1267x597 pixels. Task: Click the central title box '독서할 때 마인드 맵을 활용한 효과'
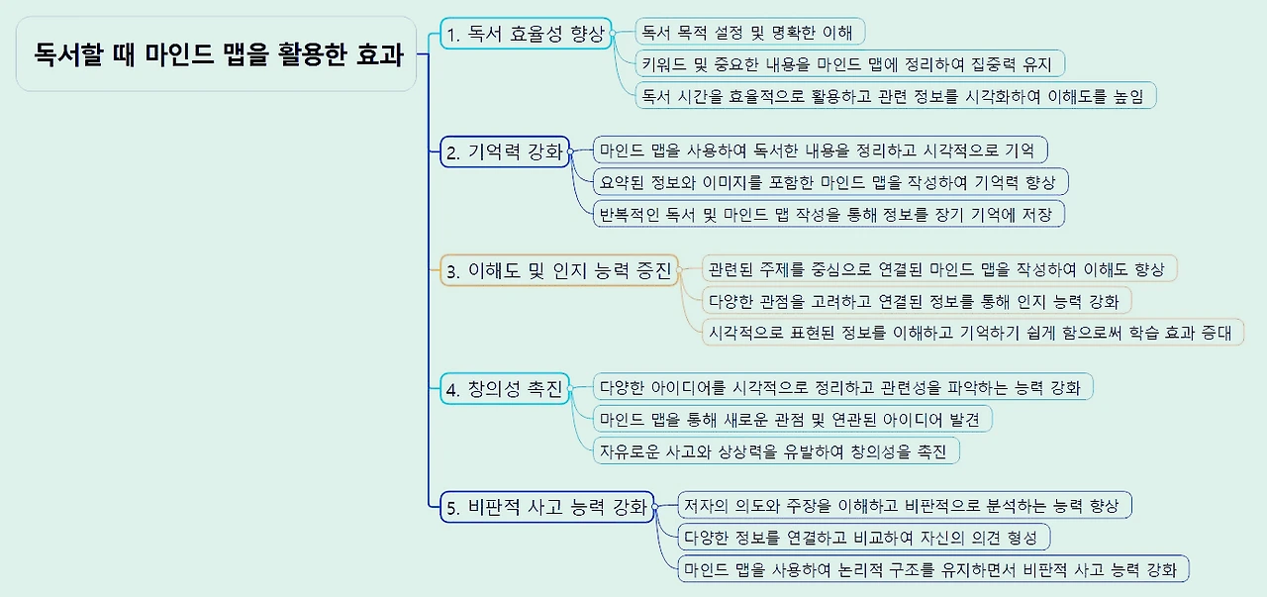pyautogui.click(x=217, y=54)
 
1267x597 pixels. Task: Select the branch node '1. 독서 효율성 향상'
pyautogui.click(x=526, y=34)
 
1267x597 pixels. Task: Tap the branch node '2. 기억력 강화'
pyautogui.click(x=505, y=151)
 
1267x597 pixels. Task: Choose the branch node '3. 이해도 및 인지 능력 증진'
pyautogui.click(x=559, y=270)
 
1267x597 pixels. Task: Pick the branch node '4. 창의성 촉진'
pyautogui.click(x=505, y=389)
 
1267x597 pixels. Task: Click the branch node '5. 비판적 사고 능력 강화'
pyautogui.click(x=546, y=508)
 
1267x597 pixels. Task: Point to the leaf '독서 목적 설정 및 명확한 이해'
pyautogui.click(x=748, y=32)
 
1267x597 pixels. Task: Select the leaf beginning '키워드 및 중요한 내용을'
pyautogui.click(x=849, y=63)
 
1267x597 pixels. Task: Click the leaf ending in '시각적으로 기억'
pyautogui.click(x=818, y=150)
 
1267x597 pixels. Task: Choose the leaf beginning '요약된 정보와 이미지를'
pyautogui.click(x=828, y=182)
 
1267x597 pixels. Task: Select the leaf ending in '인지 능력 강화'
pyautogui.click(x=917, y=300)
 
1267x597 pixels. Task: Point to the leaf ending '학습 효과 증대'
pyautogui.click(x=971, y=332)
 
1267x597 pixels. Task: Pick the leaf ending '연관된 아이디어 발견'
pyautogui.click(x=791, y=419)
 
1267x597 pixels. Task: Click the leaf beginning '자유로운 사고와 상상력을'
pyautogui.click(x=774, y=450)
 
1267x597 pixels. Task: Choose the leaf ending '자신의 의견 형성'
pyautogui.click(x=862, y=537)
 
